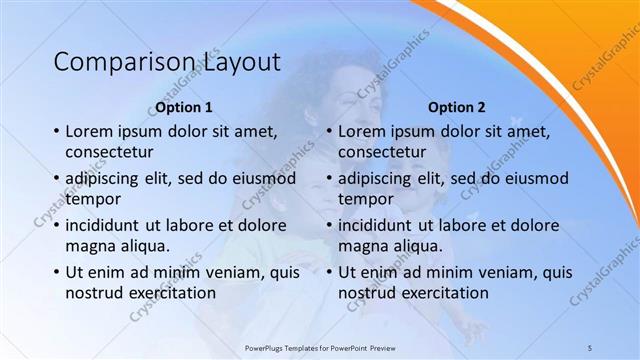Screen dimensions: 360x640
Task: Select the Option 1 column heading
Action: coord(184,107)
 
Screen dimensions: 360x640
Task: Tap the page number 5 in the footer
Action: coord(590,346)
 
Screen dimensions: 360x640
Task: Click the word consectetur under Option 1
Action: coord(109,152)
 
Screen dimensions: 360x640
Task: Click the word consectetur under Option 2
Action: coord(382,152)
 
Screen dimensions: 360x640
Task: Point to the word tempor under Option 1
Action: coord(91,199)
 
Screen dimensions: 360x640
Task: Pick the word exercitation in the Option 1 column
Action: coord(170,292)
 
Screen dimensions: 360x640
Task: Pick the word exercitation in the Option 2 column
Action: coord(443,292)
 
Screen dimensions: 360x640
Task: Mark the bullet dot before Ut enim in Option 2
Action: coord(328,272)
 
